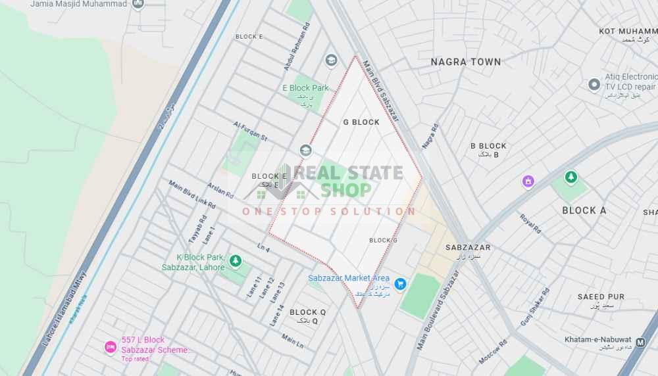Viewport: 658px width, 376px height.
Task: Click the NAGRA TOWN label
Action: tap(466, 62)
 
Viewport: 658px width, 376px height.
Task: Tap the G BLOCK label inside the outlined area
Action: tap(361, 122)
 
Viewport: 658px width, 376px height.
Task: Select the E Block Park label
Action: tap(305, 88)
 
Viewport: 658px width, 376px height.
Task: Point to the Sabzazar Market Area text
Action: tap(349, 278)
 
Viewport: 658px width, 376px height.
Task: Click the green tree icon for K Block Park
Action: tap(235, 262)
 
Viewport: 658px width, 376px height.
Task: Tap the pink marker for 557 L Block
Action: tap(111, 346)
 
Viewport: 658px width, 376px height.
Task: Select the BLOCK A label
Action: tap(584, 210)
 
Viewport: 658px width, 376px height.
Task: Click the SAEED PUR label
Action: tap(601, 297)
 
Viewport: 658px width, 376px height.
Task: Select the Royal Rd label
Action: tap(530, 224)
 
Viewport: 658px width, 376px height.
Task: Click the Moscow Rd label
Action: tap(493, 352)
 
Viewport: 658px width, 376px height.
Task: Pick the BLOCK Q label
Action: tap(308, 312)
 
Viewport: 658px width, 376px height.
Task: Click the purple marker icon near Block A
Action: tap(528, 181)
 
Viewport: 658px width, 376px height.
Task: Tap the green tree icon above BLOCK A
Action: tap(570, 177)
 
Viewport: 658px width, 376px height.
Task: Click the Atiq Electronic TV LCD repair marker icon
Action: tap(595, 84)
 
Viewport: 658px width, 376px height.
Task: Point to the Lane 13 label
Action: tap(277, 291)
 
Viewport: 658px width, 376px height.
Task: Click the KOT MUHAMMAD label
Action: tap(628, 31)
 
